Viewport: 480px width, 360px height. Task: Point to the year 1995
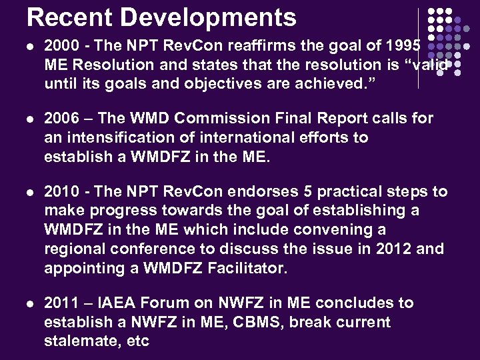click(403, 45)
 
